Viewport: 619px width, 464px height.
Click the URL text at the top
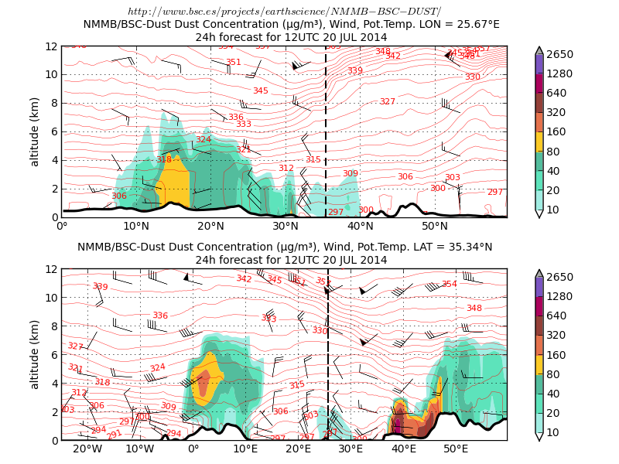284,12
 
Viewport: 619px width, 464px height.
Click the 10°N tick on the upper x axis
137,226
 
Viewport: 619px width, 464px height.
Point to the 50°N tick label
435,226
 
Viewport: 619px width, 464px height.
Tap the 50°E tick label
456,449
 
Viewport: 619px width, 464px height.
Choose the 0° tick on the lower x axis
193,449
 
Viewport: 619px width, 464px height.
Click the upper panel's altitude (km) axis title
35,131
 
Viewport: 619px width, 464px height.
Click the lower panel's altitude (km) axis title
35,354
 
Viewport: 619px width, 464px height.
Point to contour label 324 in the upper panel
203,140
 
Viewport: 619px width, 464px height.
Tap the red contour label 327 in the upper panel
387,102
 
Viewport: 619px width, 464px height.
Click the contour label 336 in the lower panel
160,316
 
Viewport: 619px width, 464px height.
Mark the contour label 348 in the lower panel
474,309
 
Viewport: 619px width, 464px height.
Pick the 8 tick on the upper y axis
54,103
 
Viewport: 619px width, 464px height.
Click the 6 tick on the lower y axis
54,354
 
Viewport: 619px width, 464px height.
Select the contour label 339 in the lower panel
100,287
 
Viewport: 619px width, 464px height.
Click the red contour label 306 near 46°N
405,177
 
